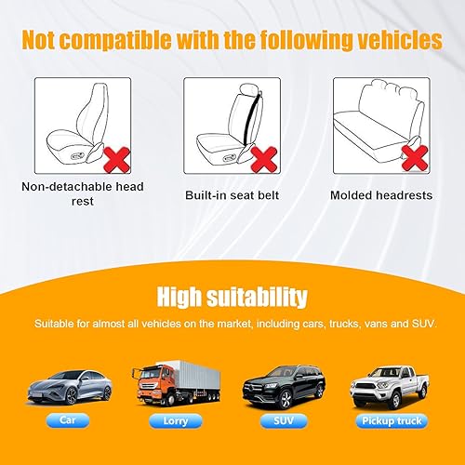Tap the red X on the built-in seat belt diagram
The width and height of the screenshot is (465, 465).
coord(264,159)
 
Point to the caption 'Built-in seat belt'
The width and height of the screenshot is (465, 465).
coord(232,196)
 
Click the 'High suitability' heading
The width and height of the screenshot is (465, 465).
coord(232,298)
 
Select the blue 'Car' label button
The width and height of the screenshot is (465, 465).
coord(70,421)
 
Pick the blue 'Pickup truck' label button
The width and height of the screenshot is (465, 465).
coord(388,421)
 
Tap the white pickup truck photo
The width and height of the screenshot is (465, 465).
coord(390,389)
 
